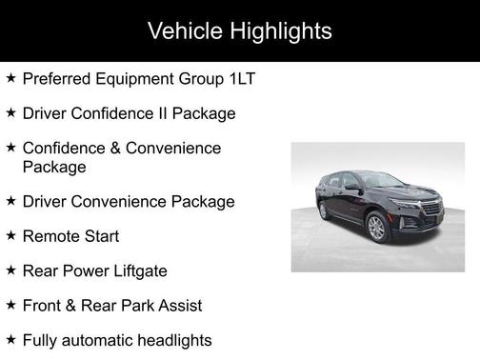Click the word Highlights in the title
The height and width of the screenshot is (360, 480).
click(x=281, y=31)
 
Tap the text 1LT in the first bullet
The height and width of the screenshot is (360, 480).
click(x=244, y=78)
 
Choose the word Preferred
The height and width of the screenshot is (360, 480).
click(x=58, y=78)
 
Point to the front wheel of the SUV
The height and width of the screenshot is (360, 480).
click(x=377, y=229)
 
